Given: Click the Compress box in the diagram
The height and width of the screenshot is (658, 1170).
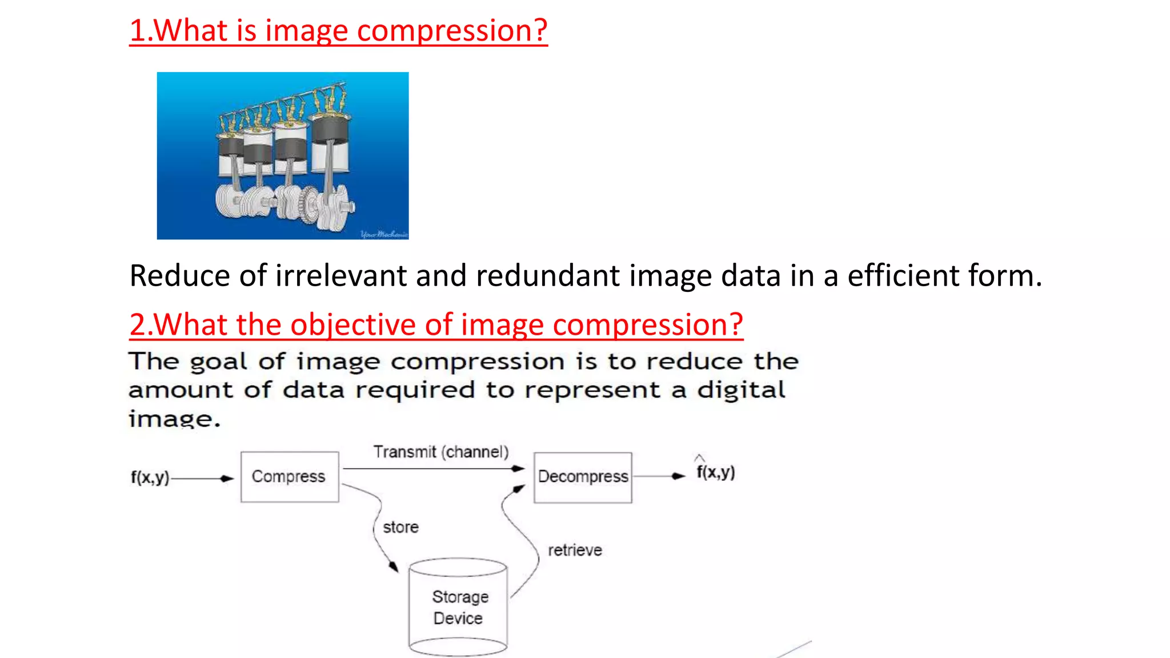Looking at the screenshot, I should point(289,477).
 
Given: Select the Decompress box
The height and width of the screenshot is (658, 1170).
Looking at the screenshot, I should point(583,478).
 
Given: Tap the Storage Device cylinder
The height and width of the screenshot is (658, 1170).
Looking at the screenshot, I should point(458,608).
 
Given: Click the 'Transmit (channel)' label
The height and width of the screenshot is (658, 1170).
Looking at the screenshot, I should point(440,452).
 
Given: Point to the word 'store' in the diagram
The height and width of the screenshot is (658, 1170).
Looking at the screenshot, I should point(400,527).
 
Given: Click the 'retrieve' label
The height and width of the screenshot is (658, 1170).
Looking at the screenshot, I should point(575,550).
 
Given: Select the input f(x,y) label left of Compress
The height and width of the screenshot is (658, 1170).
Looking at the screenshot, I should point(150,478).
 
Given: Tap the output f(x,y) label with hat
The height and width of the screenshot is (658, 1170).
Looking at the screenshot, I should point(715,472).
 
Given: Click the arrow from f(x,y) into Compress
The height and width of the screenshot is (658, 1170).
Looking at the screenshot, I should point(203,479).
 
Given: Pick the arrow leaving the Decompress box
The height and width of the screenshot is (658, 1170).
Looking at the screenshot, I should point(659,476).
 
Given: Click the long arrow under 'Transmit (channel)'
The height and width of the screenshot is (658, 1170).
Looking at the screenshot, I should point(434,469).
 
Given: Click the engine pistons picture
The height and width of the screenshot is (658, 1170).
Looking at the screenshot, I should point(283,155).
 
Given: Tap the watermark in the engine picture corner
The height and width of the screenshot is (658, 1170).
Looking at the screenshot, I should point(384,234).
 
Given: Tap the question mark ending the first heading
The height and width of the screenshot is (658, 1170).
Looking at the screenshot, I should point(539,31).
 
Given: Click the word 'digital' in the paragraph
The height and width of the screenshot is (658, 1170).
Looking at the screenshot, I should point(741,391).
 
